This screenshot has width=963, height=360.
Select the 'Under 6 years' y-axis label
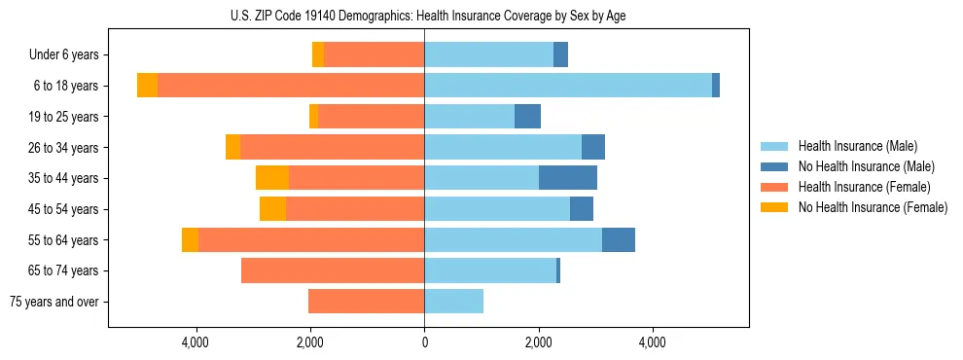pyautogui.click(x=70, y=55)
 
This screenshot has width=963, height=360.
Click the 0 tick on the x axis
pyautogui.click(x=424, y=342)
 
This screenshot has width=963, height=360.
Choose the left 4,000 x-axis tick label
pyautogui.click(x=196, y=342)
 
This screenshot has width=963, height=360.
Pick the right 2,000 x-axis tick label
pyautogui.click(x=538, y=342)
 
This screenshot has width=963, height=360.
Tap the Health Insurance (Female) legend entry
pyautogui.click(x=864, y=187)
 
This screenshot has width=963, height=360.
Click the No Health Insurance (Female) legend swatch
pyautogui.click(x=775, y=207)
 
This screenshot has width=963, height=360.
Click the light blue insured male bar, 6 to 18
pyautogui.click(x=568, y=86)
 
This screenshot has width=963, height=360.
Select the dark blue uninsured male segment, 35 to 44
pyautogui.click(x=568, y=178)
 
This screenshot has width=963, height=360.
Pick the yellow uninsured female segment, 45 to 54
pyautogui.click(x=272, y=209)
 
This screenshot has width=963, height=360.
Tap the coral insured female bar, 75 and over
pyautogui.click(x=366, y=302)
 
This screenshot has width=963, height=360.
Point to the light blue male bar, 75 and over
pyautogui.click(x=453, y=302)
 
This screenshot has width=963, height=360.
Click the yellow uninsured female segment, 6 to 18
pyautogui.click(x=147, y=86)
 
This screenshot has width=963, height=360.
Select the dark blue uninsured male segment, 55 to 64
pyautogui.click(x=619, y=240)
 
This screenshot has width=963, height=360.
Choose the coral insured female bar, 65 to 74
pyautogui.click(x=333, y=270)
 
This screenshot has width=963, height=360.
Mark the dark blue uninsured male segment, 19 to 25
pyautogui.click(x=527, y=117)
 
